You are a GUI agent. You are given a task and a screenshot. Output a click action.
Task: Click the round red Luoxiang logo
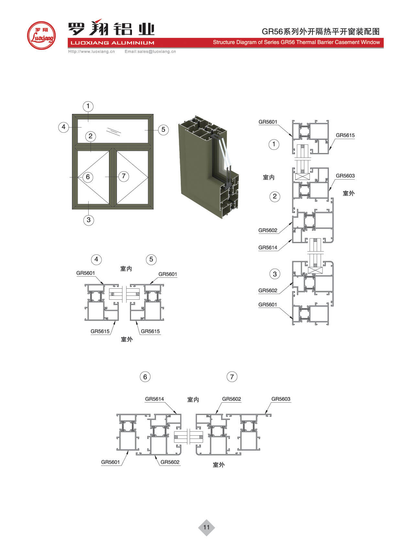[41, 36]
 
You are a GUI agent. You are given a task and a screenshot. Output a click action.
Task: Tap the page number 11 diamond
[206, 527]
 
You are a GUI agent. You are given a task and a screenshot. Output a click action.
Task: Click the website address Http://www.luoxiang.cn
[92, 51]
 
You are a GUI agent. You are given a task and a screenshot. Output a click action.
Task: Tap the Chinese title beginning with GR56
[321, 31]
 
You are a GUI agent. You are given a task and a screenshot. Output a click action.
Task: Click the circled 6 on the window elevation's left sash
[88, 177]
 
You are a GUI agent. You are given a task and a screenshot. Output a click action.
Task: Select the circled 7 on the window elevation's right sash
[124, 176]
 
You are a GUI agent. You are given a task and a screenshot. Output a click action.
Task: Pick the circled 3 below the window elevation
[89, 220]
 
